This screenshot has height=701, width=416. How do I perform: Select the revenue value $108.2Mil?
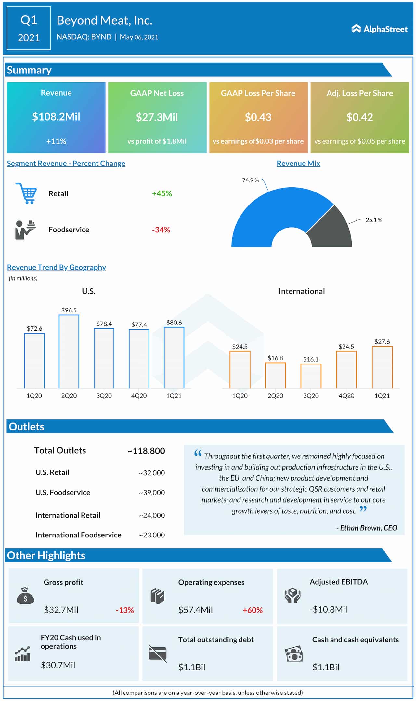coord(56,117)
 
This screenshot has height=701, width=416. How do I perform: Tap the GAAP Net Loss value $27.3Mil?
coord(157,117)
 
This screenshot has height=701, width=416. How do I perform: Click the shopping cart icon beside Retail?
coord(26,193)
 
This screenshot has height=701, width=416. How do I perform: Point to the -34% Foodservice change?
coord(161,230)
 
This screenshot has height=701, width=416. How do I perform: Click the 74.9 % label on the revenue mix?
coord(250,180)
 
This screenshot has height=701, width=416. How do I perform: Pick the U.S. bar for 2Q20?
coord(69,351)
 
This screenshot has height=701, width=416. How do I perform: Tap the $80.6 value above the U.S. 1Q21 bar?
coord(174,323)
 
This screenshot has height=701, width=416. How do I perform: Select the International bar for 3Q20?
coord(311,376)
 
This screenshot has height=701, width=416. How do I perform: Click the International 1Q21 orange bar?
coord(382,367)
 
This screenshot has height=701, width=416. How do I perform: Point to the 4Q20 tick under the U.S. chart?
coord(139,396)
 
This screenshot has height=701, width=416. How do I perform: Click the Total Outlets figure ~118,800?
coord(146,451)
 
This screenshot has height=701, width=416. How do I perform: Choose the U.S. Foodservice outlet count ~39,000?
coord(152,493)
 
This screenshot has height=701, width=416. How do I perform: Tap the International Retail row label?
coord(68,515)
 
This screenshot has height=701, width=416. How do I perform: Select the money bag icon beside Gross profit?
coord(25,596)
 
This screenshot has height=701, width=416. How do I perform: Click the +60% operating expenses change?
coord(253,610)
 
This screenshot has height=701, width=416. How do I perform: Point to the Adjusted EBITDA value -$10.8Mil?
coord(328,609)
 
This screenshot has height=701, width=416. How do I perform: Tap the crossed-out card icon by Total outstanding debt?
coord(158,653)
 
